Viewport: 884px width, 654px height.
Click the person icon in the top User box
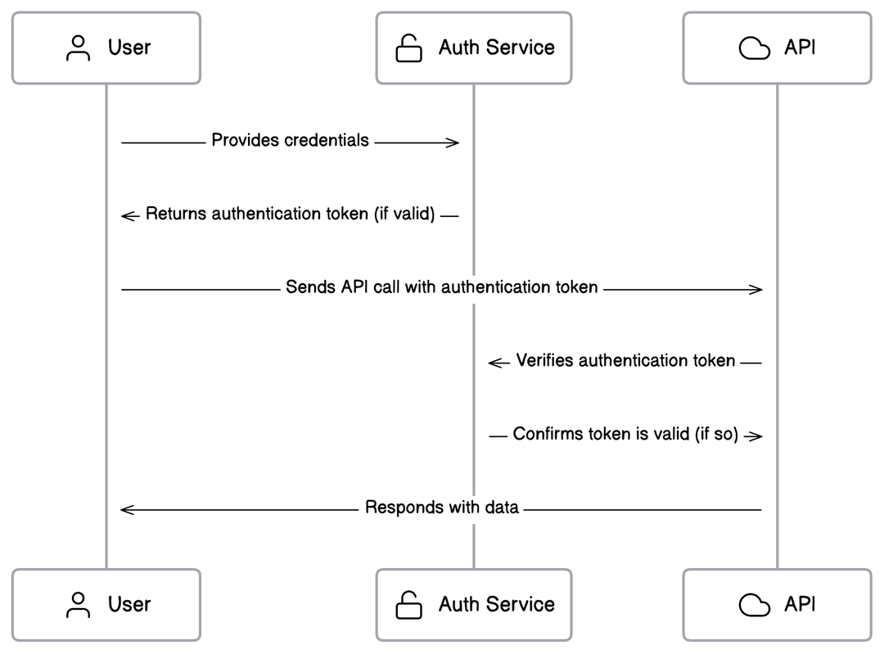(79, 47)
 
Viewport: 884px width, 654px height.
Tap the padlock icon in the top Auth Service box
(408, 48)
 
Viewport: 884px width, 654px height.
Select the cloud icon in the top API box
(754, 48)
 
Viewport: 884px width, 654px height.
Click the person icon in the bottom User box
(79, 605)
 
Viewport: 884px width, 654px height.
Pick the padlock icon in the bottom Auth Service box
(408, 606)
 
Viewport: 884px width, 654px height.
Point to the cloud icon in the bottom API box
(754, 606)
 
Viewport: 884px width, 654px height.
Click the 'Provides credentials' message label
(290, 141)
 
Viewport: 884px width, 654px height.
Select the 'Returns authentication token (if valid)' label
(290, 215)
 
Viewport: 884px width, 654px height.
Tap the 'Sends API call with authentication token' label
(441, 288)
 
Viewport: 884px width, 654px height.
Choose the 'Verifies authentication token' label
(625, 361)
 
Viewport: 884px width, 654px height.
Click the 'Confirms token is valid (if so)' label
(625, 435)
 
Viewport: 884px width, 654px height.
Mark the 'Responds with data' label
(441, 507)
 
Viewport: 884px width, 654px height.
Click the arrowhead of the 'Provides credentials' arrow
(453, 142)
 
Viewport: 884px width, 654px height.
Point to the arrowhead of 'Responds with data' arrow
(126, 509)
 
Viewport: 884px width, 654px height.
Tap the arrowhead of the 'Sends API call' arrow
(757, 289)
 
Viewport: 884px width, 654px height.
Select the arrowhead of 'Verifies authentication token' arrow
(494, 362)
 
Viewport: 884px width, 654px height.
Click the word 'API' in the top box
(800, 47)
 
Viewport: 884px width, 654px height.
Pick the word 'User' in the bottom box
(129, 605)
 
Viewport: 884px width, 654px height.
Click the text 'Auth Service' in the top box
(496, 47)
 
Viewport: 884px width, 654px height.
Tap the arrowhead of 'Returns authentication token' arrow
(127, 215)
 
